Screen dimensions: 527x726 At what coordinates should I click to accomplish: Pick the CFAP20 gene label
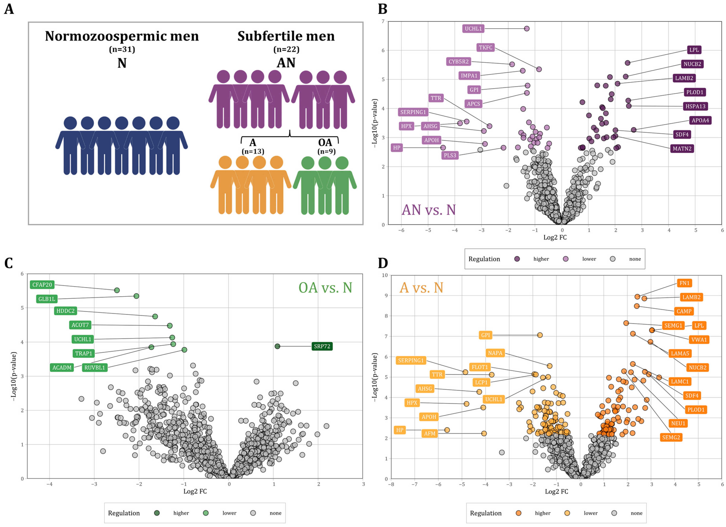coord(42,285)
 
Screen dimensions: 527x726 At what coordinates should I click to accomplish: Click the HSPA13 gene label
coord(695,106)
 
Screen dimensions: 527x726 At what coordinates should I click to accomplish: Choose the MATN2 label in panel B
coord(682,149)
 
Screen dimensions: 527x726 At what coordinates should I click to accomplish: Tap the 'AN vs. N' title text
coord(428,210)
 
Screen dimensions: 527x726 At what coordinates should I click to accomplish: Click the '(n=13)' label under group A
coord(253,151)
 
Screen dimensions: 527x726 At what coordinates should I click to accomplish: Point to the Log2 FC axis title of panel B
coord(555,237)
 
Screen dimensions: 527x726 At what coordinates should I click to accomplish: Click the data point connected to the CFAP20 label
coord(117,290)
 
